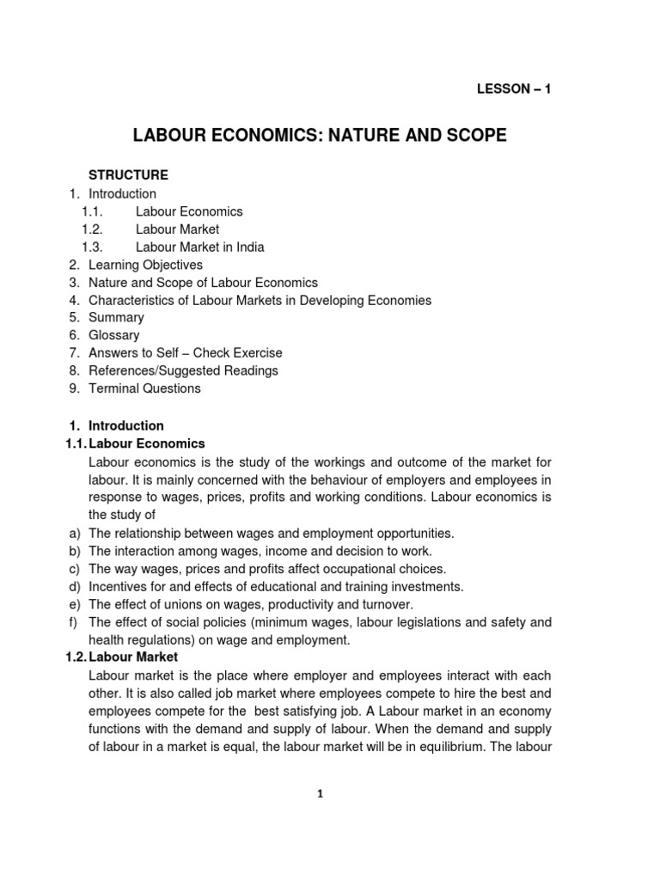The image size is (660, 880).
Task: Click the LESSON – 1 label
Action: pos(514,89)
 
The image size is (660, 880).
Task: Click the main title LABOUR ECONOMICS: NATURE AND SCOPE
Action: pos(319,136)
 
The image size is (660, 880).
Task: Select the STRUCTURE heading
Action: pos(128,175)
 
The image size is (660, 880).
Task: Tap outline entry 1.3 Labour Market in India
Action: pos(199,247)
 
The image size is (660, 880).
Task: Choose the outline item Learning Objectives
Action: pos(145,265)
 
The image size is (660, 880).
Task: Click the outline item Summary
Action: pos(116,317)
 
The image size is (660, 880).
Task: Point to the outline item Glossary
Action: pos(113,335)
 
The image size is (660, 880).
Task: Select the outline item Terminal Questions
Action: pos(144,388)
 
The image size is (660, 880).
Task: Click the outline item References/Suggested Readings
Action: pos(183,370)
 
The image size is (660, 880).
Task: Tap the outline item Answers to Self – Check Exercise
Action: pos(185,353)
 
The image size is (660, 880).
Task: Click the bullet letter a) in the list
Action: pos(74,533)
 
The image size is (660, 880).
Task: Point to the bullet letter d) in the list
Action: pos(74,586)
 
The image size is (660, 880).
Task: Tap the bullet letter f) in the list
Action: pos(73,622)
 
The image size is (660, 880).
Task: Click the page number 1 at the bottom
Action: pos(320,794)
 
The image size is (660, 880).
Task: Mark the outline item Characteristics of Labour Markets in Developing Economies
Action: pos(260,300)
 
